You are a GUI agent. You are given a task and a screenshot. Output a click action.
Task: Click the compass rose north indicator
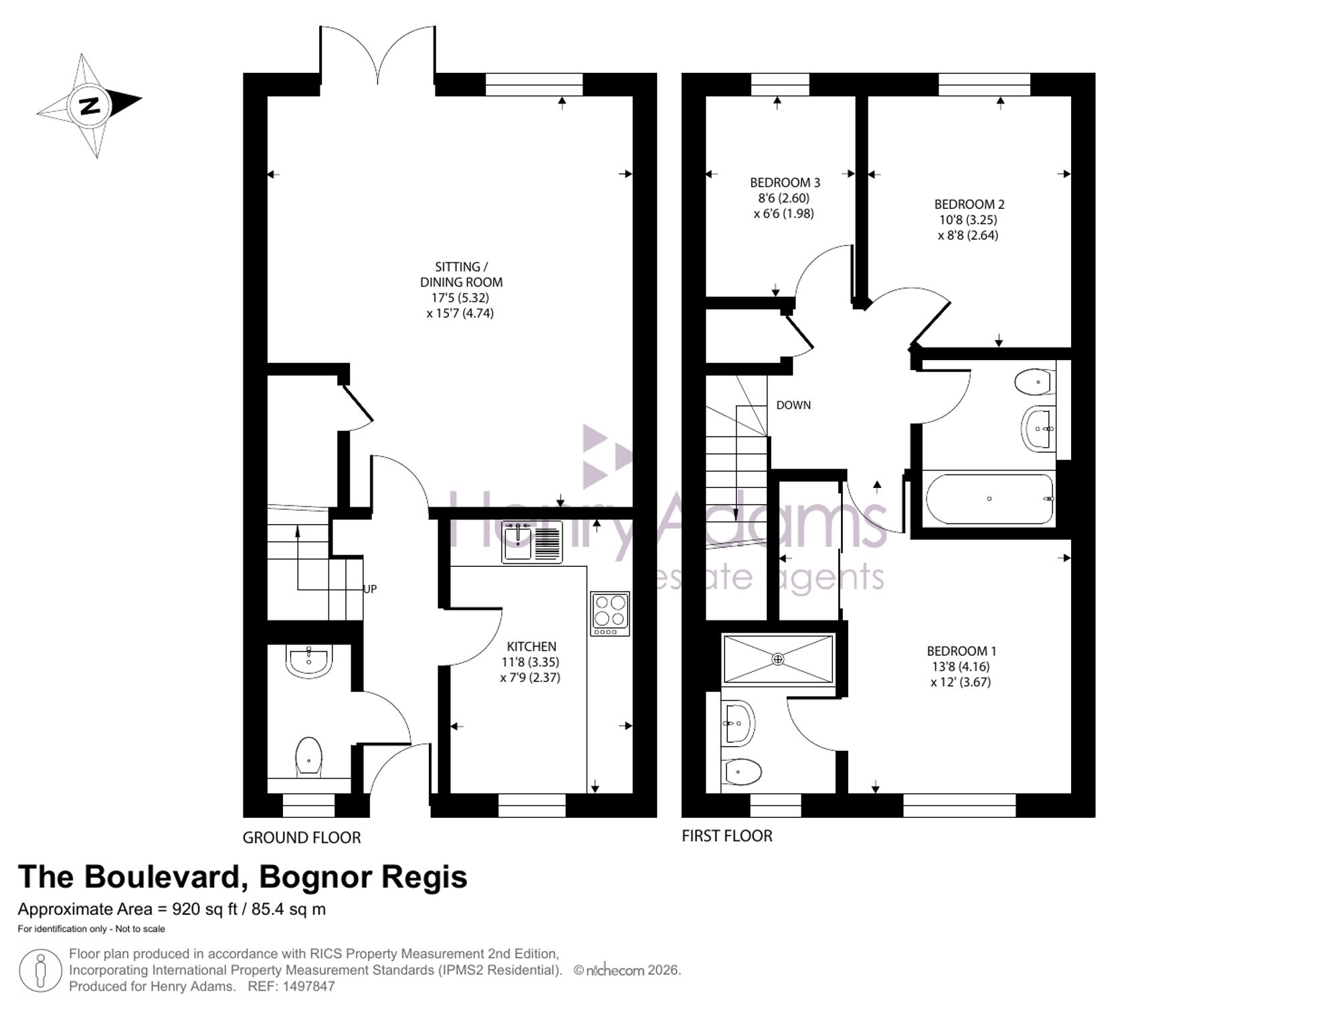coord(90,106)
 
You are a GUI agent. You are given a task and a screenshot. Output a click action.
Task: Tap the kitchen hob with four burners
coord(609,613)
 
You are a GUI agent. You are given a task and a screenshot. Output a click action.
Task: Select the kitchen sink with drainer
coord(532,541)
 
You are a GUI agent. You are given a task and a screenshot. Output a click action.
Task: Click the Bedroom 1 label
coord(961,651)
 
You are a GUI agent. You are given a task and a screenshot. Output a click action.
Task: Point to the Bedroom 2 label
coord(969,204)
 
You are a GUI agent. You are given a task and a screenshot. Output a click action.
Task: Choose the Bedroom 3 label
coord(785,182)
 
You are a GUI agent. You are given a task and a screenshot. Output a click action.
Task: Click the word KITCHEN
coord(531,647)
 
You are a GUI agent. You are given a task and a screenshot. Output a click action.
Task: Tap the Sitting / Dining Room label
coord(461,274)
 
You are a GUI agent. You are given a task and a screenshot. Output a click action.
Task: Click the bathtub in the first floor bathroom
coord(989,499)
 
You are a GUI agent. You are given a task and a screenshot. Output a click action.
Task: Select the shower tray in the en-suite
coord(778,659)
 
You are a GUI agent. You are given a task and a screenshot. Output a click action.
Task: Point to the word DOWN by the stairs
coord(793,405)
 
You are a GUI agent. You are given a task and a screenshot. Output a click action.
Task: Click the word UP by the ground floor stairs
coord(370,589)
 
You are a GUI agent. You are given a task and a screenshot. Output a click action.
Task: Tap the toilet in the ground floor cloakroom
coord(308,756)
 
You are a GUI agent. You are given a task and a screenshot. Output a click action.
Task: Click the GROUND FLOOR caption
coord(302,837)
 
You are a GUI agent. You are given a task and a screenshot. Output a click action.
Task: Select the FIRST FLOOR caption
coord(727,836)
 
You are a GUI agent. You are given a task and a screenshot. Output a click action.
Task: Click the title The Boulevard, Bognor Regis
coord(242,877)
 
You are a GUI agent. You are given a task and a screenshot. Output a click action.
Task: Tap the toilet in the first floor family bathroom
coord(1032,382)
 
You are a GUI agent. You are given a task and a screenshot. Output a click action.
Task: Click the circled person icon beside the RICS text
coord(41,970)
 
